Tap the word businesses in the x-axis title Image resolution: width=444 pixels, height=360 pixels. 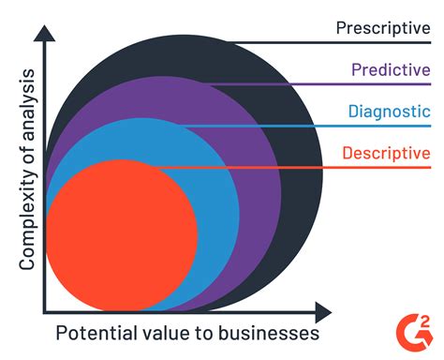point(273,334)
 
